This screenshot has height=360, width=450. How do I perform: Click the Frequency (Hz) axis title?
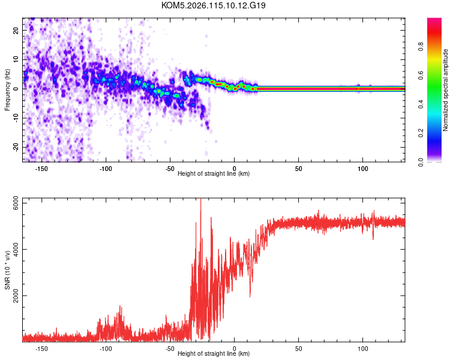point(7,89)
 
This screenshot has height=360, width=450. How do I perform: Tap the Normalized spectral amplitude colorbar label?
point(445,90)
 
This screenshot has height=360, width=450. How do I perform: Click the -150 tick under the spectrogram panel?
point(42,169)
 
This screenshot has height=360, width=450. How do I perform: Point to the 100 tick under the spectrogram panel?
point(363,169)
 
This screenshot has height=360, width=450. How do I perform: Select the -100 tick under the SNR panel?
point(106,348)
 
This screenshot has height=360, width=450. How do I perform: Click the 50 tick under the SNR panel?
point(299,348)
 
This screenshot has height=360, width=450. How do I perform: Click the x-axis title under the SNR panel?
point(214,354)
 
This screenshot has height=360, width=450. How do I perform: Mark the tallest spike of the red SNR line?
point(200,200)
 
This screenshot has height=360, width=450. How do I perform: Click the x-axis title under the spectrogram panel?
point(214,174)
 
